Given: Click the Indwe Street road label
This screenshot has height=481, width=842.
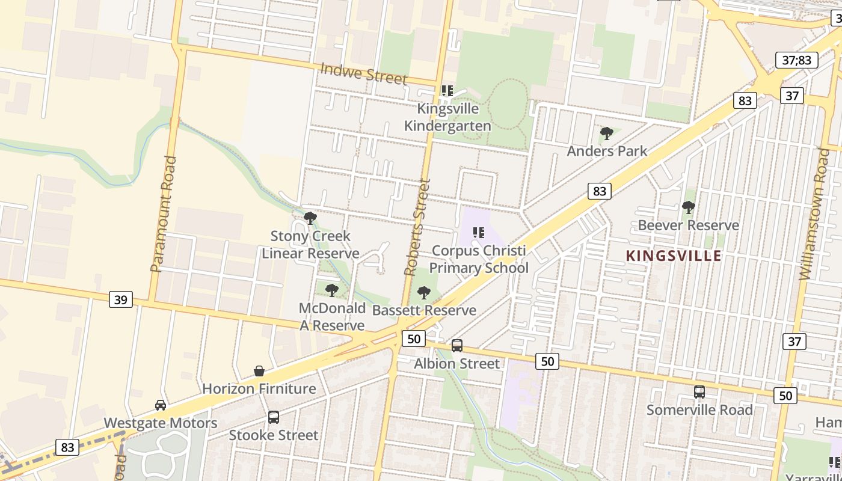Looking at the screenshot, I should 363,73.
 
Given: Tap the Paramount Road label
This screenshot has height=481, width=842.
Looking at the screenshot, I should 164,213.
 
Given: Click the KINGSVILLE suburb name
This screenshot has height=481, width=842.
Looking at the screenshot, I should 674,256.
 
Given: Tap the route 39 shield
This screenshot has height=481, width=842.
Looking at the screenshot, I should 121,299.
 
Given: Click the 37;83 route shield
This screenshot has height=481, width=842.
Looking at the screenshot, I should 797,60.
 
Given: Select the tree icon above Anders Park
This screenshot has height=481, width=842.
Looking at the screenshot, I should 607,133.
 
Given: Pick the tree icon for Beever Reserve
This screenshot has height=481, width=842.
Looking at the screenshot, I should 689,208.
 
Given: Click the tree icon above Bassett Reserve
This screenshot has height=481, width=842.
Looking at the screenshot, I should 424,293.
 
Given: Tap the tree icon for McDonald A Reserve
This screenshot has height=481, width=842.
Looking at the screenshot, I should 332,291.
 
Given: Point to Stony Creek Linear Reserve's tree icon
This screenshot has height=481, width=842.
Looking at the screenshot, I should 310,218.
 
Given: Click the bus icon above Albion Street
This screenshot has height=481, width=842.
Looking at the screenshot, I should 457,346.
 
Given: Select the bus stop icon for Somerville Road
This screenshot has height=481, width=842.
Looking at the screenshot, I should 699,392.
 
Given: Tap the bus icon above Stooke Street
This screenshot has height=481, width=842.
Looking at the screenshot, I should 274,417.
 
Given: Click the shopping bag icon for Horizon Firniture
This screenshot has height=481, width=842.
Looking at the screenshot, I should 259,371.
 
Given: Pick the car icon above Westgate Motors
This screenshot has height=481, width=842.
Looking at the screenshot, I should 161,405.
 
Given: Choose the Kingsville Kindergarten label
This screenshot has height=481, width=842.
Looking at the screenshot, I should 447,117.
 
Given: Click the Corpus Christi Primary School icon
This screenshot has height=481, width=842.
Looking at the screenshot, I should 479,233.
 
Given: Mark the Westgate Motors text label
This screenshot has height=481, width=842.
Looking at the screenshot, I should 161,423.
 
